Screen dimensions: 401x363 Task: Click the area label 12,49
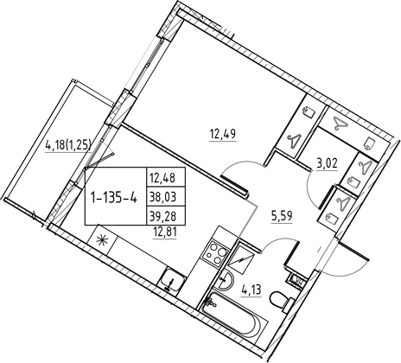223,134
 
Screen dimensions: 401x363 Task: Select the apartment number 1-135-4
113,198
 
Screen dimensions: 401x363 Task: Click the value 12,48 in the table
162,178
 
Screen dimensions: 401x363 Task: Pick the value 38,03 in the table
162,197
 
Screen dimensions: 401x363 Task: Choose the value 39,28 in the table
162,216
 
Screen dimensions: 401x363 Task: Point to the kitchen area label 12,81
164,231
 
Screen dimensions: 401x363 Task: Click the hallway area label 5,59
283,216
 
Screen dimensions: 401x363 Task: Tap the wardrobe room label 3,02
328,165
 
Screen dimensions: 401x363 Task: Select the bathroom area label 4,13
250,290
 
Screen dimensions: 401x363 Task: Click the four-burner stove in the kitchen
216,253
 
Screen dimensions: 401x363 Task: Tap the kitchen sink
173,281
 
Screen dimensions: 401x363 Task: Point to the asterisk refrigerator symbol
101,239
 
